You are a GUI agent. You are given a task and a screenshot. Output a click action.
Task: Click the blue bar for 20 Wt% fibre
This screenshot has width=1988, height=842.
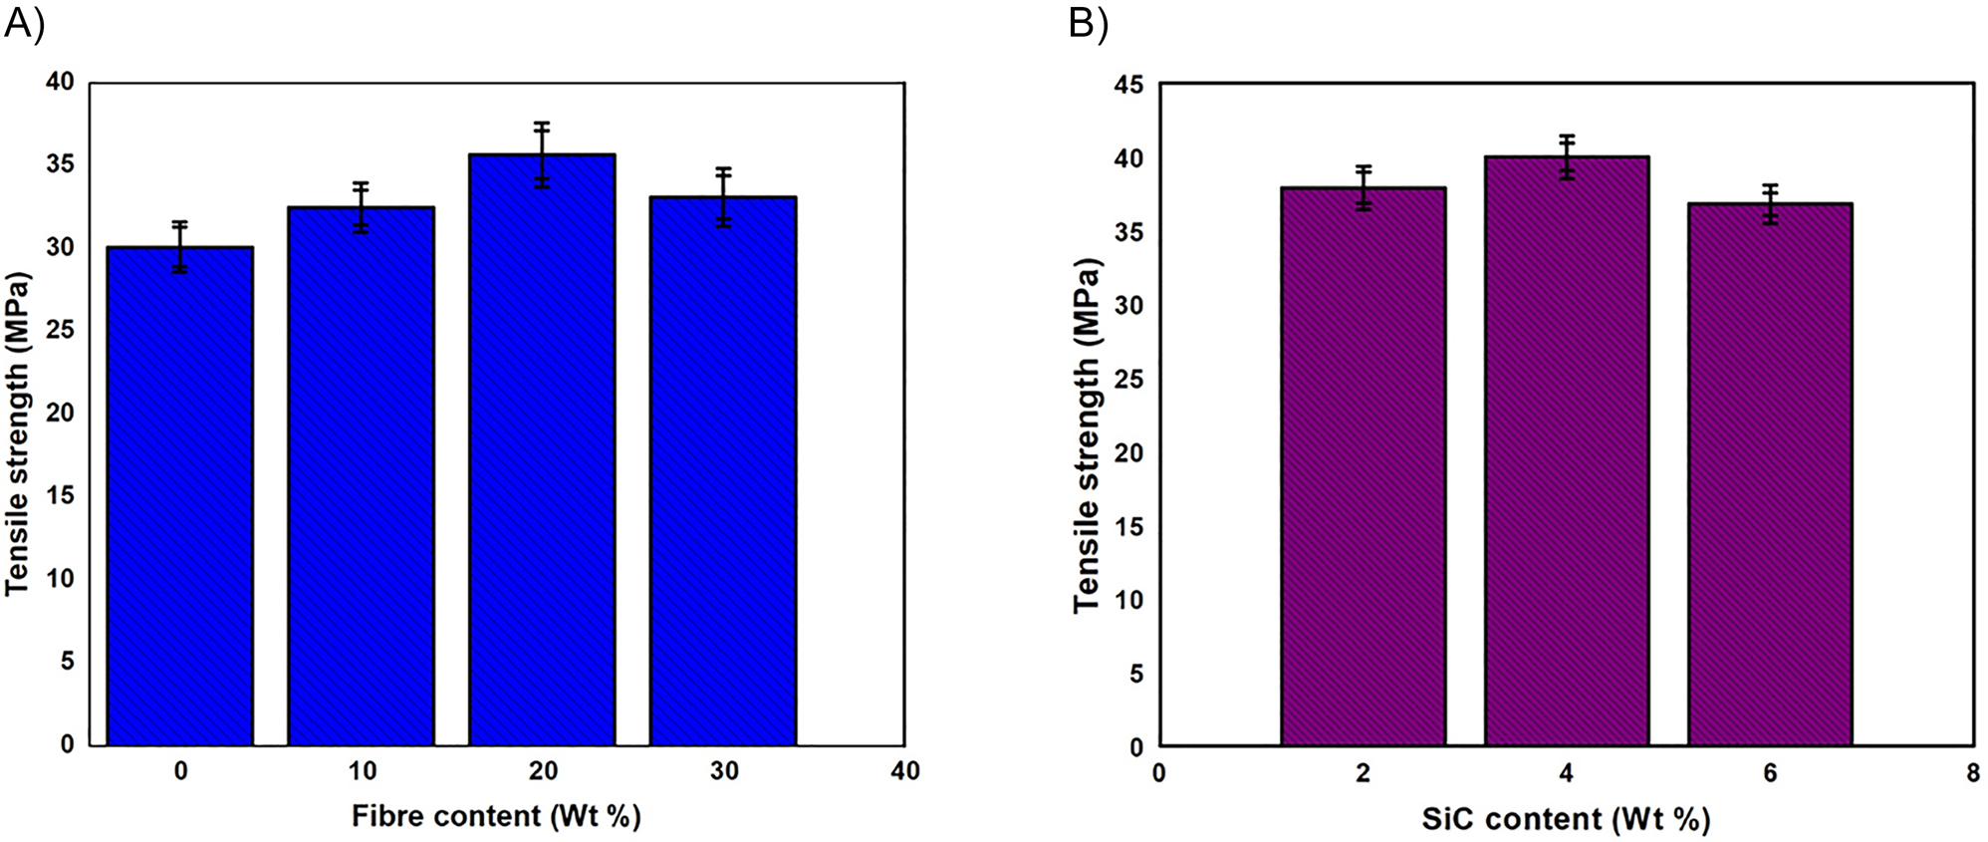542,448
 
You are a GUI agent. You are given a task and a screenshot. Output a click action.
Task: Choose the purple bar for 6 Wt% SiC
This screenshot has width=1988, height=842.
1770,473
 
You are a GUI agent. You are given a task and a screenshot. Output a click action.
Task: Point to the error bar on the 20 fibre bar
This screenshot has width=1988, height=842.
542,154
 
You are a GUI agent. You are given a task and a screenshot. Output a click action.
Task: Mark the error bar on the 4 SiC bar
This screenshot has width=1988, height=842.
1567,156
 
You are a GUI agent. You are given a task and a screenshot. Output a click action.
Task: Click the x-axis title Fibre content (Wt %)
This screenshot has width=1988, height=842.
496,816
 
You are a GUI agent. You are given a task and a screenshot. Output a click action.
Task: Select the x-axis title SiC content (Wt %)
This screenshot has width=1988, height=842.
1566,819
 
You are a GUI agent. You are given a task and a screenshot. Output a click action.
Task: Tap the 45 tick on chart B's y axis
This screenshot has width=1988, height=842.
1129,86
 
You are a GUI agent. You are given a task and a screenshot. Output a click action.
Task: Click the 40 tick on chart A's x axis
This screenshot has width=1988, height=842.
904,771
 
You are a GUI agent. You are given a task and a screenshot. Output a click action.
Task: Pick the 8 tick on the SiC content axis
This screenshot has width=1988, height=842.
1973,773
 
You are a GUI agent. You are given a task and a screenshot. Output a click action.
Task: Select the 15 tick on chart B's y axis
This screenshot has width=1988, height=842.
1129,526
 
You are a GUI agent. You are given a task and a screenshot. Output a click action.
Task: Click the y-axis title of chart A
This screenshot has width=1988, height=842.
17,433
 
